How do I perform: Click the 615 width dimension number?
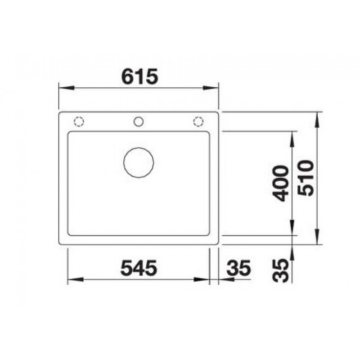(x=139, y=76)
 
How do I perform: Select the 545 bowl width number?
(x=139, y=267)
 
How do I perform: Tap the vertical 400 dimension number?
(x=280, y=183)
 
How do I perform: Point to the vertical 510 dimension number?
(x=306, y=178)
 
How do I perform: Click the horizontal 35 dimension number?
(x=239, y=268)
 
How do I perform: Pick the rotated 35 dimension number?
(x=280, y=270)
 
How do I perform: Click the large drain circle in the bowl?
(x=139, y=162)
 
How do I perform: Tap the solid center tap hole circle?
(x=139, y=121)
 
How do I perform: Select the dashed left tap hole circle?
(x=79, y=121)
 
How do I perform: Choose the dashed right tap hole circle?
(x=198, y=121)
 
